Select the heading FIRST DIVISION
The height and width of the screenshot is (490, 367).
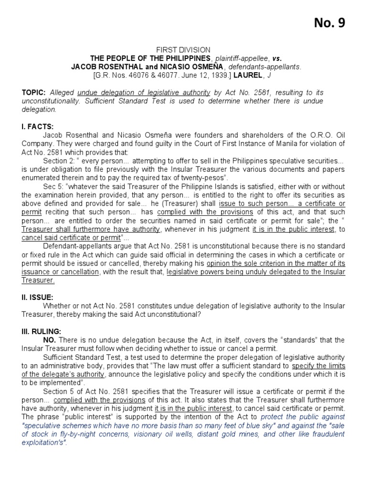click(183, 50)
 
